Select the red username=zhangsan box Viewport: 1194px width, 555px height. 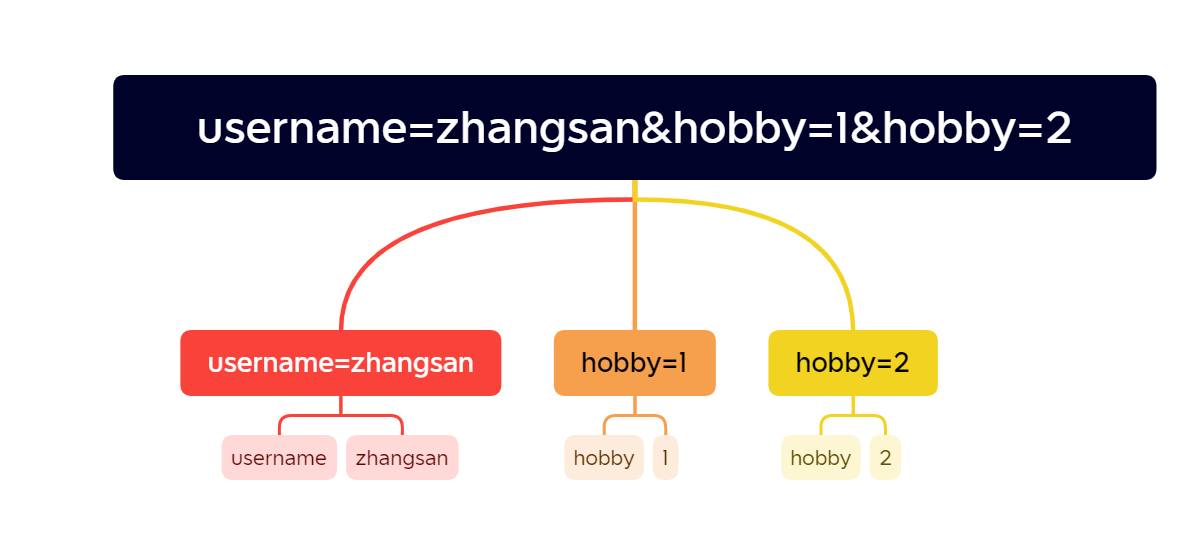click(340, 363)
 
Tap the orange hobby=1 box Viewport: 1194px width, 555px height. click(634, 363)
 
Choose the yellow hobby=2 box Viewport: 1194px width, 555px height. click(852, 363)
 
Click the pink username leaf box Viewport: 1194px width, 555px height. click(279, 458)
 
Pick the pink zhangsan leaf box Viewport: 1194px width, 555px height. click(402, 458)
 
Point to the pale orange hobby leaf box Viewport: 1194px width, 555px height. click(603, 458)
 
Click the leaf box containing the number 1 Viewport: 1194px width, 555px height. click(665, 458)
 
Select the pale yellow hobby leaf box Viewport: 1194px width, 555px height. click(820, 458)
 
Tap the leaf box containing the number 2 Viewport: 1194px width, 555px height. click(885, 458)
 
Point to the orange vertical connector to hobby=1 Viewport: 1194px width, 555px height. click(634, 270)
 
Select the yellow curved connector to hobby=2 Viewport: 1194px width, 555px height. click(800, 225)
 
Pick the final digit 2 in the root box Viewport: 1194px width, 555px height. click(1058, 130)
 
